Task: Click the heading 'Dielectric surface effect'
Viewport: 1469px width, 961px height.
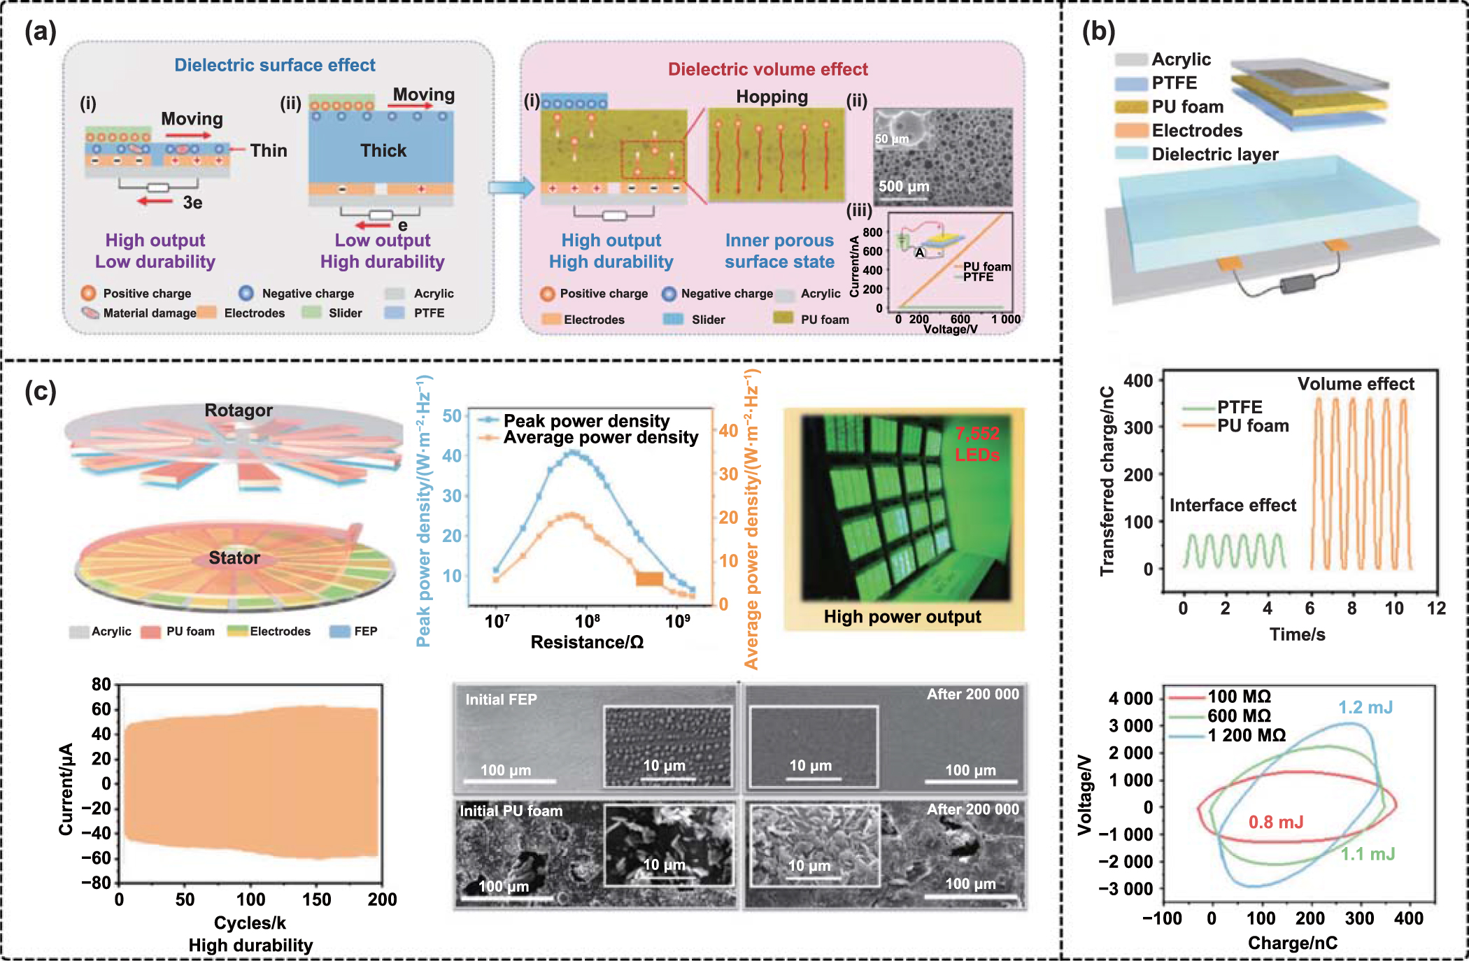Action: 274,65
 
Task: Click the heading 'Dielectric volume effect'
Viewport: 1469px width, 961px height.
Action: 767,69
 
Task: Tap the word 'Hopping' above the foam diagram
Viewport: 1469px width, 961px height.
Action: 772,97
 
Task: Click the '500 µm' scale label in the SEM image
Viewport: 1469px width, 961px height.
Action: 904,186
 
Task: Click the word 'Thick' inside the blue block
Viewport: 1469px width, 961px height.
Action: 383,150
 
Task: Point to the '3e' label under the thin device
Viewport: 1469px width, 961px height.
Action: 192,203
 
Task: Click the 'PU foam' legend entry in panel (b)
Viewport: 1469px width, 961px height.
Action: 1187,107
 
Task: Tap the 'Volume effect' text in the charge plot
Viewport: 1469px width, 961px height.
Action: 1355,384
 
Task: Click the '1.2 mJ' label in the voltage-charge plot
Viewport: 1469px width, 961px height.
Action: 1365,707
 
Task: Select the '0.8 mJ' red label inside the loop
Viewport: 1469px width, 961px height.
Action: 1275,822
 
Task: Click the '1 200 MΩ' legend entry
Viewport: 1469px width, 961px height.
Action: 1246,735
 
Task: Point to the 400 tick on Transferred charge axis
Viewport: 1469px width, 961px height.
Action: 1137,380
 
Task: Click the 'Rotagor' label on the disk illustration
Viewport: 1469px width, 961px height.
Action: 238,411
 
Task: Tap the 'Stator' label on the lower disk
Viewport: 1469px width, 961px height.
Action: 234,557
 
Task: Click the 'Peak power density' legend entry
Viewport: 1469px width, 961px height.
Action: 586,420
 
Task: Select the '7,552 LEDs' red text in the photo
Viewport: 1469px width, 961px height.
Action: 977,444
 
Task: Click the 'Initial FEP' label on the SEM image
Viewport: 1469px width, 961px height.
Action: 501,699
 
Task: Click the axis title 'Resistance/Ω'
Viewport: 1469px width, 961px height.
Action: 586,642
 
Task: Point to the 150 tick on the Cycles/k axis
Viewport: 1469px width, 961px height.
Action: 316,899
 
